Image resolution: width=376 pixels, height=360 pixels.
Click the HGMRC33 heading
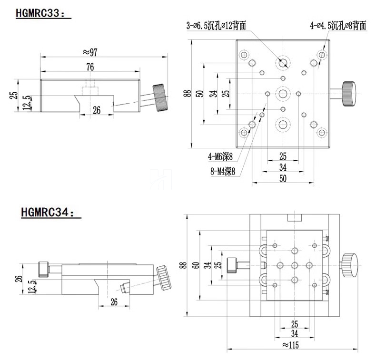pos(42,13)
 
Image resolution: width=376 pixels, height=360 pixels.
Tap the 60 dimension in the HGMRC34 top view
pos(195,265)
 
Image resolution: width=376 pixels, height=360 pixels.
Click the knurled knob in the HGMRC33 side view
pos(160,97)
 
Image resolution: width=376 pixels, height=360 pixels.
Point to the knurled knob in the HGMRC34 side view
pos(166,278)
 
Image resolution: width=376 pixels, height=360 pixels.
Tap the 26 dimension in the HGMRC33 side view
pos(96,110)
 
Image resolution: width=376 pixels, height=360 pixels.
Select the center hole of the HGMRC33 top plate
pos(283,93)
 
